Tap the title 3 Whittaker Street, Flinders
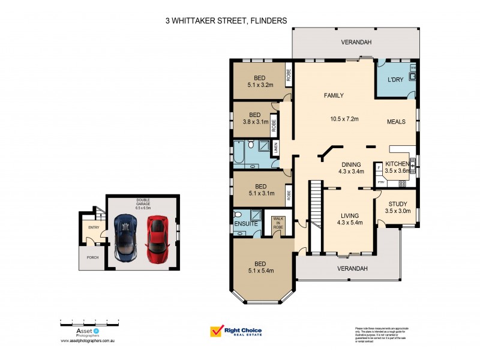(226, 20)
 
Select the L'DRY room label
(395, 80)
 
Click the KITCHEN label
(397, 164)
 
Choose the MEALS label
(395, 122)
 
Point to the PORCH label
(92, 257)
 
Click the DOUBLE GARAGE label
(143, 202)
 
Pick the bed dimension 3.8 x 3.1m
(254, 121)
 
